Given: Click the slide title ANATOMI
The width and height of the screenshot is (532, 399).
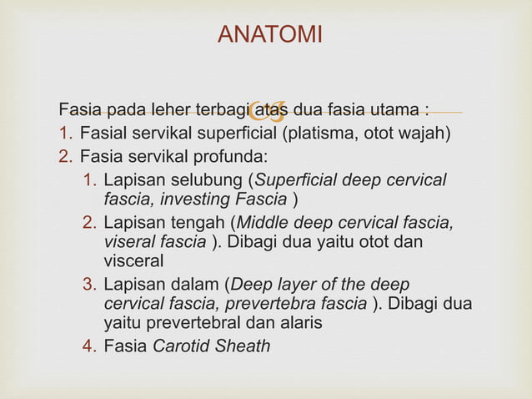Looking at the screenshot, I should point(269,35).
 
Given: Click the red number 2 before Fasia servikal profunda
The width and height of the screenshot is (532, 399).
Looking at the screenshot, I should point(65,156).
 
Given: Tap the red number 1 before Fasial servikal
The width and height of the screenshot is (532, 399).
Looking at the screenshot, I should point(65,133).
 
